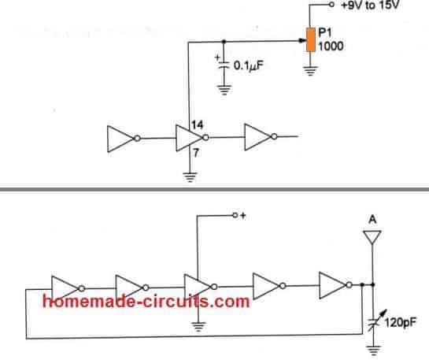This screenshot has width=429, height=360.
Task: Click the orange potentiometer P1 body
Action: point(310,39)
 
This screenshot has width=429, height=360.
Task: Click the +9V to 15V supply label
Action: point(371,5)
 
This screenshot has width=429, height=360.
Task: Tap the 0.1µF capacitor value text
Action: point(249,65)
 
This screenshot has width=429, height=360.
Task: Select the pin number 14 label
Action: point(198,124)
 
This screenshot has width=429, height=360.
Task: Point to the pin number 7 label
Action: point(196,153)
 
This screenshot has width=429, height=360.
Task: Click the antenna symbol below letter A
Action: point(372,237)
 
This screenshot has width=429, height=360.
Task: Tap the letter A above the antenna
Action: point(372,220)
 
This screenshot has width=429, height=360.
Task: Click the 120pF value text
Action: point(400,323)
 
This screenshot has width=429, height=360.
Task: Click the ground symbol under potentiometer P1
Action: point(310,71)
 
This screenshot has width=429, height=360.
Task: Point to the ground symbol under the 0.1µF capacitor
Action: point(224,90)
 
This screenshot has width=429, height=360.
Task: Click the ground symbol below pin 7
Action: point(190,177)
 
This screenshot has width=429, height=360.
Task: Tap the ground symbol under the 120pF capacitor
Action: point(373,351)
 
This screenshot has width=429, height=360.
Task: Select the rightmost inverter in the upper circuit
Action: point(261,137)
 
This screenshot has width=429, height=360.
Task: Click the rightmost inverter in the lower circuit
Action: point(335,285)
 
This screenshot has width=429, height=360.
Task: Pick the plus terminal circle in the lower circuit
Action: point(235,216)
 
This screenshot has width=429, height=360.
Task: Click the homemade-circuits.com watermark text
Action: point(146,302)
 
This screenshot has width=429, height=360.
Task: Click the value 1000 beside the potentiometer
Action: point(331,46)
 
